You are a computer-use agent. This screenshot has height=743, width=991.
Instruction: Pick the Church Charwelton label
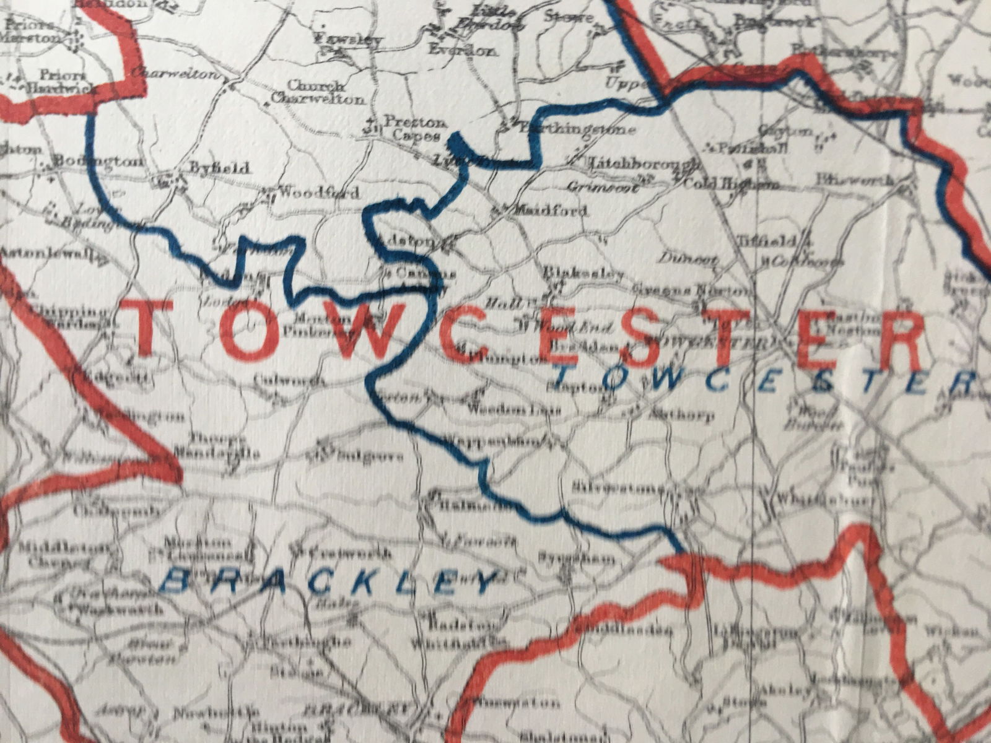pyautogui.click(x=318, y=92)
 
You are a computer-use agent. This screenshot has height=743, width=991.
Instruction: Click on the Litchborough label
pyautogui.click(x=644, y=165)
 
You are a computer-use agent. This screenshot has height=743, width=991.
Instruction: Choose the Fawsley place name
pyautogui.click(x=348, y=40)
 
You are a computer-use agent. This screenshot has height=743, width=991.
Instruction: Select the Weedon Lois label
pyautogui.click(x=513, y=410)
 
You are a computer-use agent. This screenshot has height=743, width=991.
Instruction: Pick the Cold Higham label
pyautogui.click(x=730, y=184)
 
